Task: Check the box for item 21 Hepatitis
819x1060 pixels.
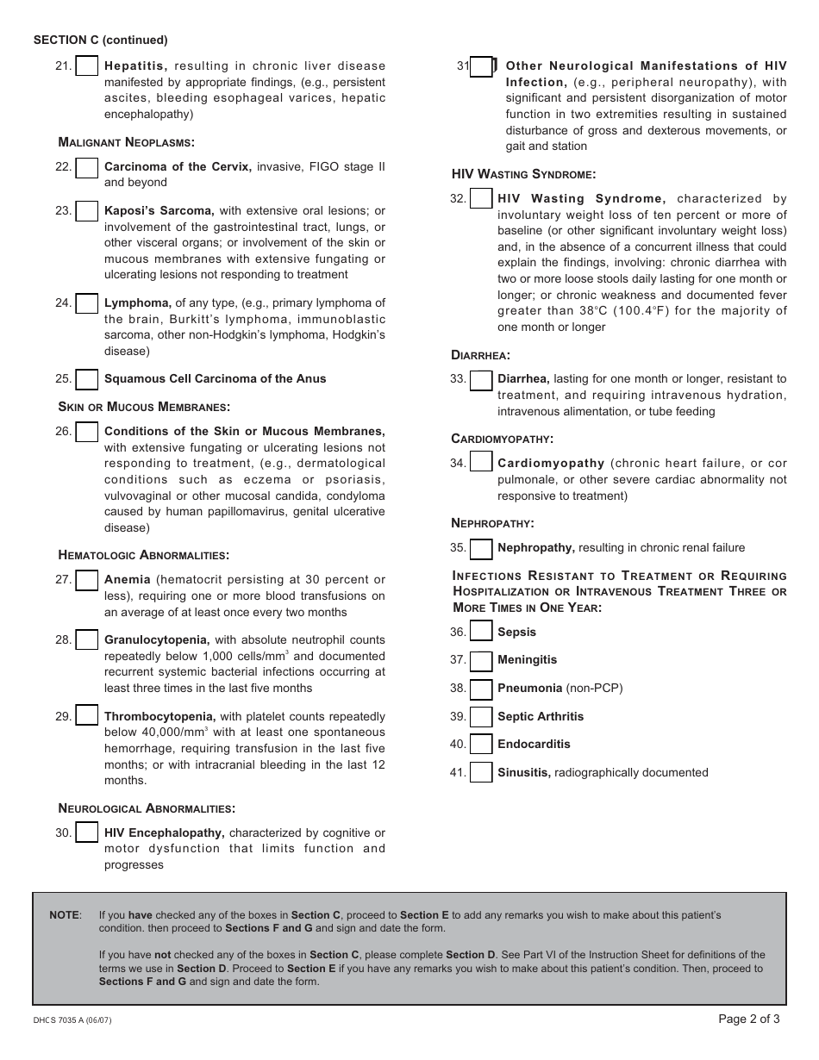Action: coord(86,66)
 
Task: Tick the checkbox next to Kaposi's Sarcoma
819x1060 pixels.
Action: coord(86,211)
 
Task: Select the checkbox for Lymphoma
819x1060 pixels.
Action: coord(86,303)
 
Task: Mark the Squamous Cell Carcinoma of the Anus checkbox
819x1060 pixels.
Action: coord(86,379)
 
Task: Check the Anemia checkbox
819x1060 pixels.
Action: coord(86,580)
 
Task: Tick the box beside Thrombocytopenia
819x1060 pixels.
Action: coord(86,716)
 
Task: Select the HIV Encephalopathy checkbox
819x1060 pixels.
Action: coord(86,832)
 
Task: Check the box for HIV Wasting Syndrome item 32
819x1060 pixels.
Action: coord(481,199)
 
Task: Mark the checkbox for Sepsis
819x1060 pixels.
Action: coord(481,633)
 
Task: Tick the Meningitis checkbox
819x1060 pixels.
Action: coord(481,660)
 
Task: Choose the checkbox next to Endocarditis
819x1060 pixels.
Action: coord(481,745)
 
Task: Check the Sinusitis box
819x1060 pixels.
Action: coord(481,773)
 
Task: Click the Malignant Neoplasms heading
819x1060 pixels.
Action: coord(126,142)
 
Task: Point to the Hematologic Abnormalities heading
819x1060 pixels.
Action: coord(143,555)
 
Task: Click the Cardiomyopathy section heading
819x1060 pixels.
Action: coord(502,439)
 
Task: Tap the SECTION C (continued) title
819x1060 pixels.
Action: coord(100,40)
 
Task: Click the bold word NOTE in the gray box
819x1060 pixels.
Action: coord(65,915)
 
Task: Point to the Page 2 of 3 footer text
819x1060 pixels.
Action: coord(748,1019)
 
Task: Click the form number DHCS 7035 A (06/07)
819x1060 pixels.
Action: coord(72,1021)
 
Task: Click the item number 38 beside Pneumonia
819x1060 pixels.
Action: coord(457,689)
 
